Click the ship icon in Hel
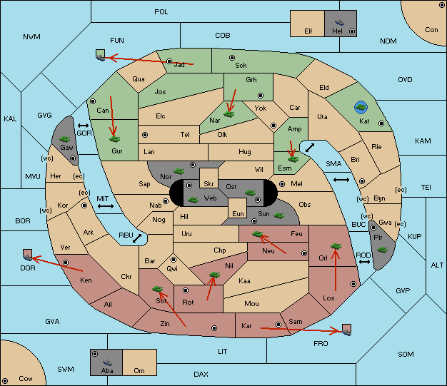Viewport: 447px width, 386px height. coord(339,22)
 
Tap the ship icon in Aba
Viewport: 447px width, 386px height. coord(107,362)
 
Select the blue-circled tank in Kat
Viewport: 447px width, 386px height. coord(361,107)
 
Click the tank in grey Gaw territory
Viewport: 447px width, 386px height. coord(65,139)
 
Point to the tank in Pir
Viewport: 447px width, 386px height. coord(382,250)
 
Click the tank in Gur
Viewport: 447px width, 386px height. coord(114,139)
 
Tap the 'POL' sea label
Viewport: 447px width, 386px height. coord(161,12)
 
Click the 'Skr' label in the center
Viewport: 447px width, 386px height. coord(209,184)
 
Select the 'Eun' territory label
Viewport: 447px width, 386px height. coord(238,213)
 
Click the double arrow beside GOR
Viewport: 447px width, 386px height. coord(83,126)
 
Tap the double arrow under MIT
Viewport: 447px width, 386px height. coord(106,206)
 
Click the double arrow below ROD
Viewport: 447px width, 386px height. coord(364,262)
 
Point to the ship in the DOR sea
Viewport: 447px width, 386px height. coord(28,255)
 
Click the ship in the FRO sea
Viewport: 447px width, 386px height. coord(346,330)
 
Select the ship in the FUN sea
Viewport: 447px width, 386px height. coord(101,55)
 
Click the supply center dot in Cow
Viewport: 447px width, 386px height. coord(5,381)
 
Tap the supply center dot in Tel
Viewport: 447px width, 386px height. coord(145,134)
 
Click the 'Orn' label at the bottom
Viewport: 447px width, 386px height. coord(139,370)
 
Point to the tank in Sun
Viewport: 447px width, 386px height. coord(278,215)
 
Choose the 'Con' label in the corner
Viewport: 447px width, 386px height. coord(431,30)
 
